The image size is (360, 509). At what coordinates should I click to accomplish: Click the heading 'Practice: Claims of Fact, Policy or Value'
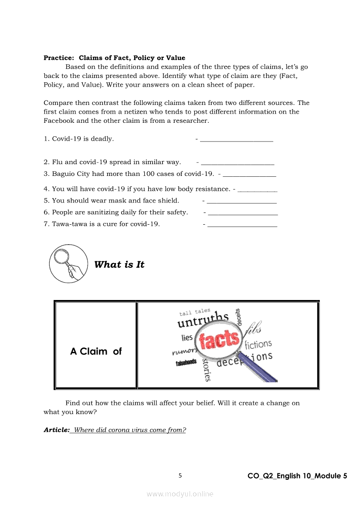tap(114, 58)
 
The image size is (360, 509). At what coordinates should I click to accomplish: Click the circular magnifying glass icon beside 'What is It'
tap(68, 264)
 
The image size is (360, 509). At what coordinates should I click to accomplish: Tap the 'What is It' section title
tap(119, 265)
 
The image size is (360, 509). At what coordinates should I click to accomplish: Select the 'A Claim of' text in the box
tap(96, 351)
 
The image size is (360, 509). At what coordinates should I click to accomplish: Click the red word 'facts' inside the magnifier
tap(220, 340)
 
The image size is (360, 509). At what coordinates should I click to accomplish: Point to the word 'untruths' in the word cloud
tap(203, 320)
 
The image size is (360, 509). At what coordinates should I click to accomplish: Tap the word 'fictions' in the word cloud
tap(258, 344)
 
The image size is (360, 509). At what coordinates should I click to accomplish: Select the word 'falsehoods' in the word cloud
tap(186, 363)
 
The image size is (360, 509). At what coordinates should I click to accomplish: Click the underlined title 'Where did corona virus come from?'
tap(130, 430)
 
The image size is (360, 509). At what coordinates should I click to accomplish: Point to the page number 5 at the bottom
tap(180, 475)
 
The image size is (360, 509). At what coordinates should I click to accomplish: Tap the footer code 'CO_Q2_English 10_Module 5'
tap(297, 476)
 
